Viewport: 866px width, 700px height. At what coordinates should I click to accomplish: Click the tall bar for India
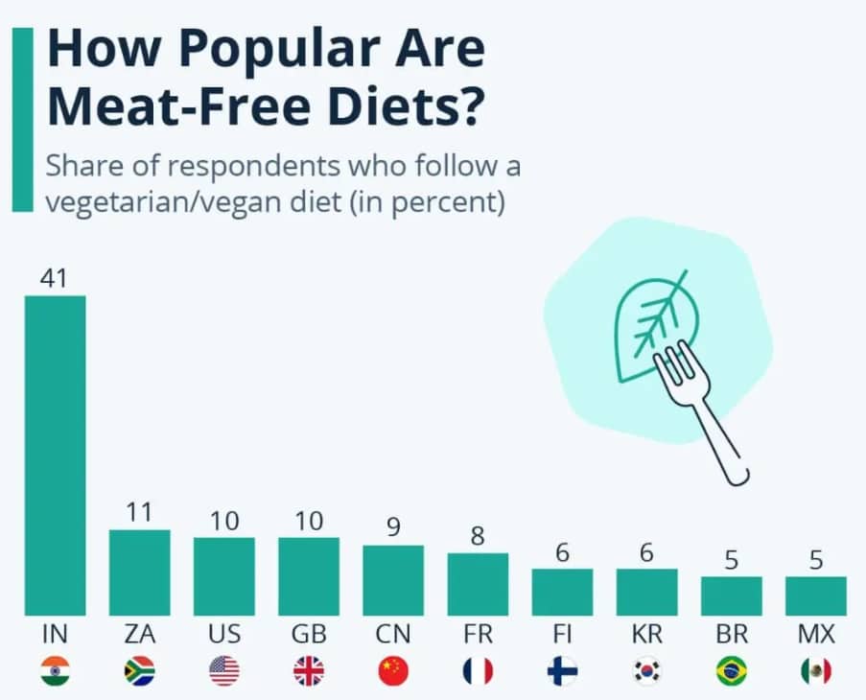(x=55, y=455)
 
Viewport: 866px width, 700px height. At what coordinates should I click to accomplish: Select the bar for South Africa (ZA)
(x=139, y=572)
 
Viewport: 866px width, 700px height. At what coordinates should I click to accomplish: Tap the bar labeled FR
(x=478, y=584)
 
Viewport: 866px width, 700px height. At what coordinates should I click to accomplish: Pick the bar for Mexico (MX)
(x=815, y=595)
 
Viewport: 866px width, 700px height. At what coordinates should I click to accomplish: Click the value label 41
(x=55, y=278)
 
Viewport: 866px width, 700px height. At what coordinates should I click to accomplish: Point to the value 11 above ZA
(x=139, y=513)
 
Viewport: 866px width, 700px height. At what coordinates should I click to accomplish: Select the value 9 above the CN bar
(x=393, y=528)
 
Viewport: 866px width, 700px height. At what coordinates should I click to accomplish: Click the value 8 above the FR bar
(x=478, y=536)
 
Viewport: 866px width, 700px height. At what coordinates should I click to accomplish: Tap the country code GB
(x=309, y=635)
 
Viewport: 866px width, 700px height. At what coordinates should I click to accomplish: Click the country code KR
(x=646, y=635)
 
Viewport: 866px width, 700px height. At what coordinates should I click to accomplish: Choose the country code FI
(x=562, y=635)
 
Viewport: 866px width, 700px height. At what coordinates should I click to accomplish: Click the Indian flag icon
(x=55, y=671)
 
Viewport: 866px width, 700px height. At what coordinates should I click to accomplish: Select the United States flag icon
(x=223, y=671)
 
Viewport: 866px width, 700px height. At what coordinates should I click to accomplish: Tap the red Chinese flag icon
(x=393, y=671)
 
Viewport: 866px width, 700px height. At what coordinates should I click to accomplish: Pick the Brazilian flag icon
(x=731, y=671)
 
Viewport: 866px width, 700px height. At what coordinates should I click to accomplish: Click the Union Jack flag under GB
(x=309, y=671)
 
